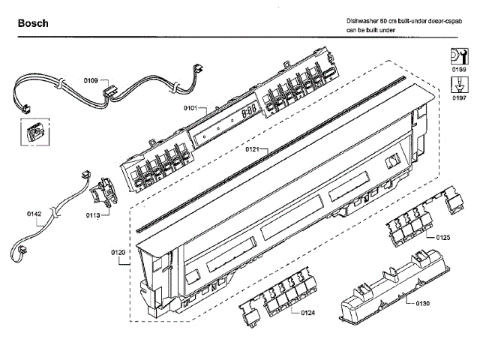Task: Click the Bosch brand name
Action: pos(34,23)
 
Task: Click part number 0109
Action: pos(91,79)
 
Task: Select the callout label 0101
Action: pos(190,109)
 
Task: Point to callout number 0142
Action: pos(34,214)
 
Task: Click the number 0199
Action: pos(457,69)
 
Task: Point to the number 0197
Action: pos(457,97)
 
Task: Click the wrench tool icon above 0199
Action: pos(457,55)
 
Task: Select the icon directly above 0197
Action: pos(457,84)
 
